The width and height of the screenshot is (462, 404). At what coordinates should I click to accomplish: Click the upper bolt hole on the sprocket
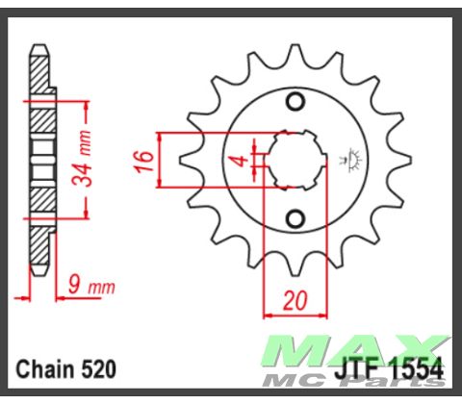296,103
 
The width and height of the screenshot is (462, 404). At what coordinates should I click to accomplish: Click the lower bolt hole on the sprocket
296,215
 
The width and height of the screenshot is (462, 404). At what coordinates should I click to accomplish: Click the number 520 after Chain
97,369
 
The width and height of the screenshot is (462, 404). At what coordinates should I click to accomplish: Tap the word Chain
44,369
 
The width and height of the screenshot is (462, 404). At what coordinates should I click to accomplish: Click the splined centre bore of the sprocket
296,159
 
